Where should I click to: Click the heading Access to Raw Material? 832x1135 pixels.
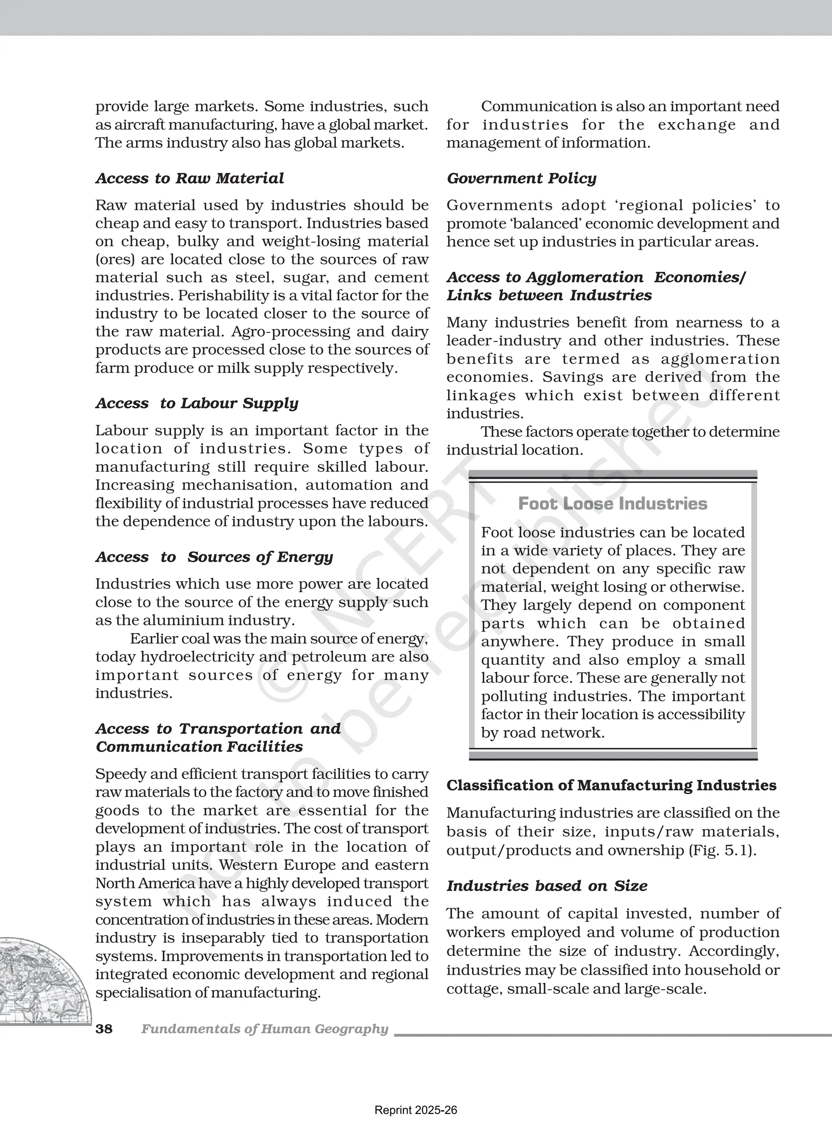pyautogui.click(x=189, y=179)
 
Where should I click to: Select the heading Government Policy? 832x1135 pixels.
pyautogui.click(x=521, y=179)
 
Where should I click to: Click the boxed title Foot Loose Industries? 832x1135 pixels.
pyautogui.click(x=612, y=503)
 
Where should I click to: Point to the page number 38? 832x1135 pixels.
pyautogui.click(x=104, y=1028)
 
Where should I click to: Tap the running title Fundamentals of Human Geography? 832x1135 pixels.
pyautogui.click(x=264, y=1028)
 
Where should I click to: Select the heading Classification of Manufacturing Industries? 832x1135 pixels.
pyautogui.click(x=611, y=785)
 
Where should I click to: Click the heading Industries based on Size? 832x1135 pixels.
pyautogui.click(x=546, y=886)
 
